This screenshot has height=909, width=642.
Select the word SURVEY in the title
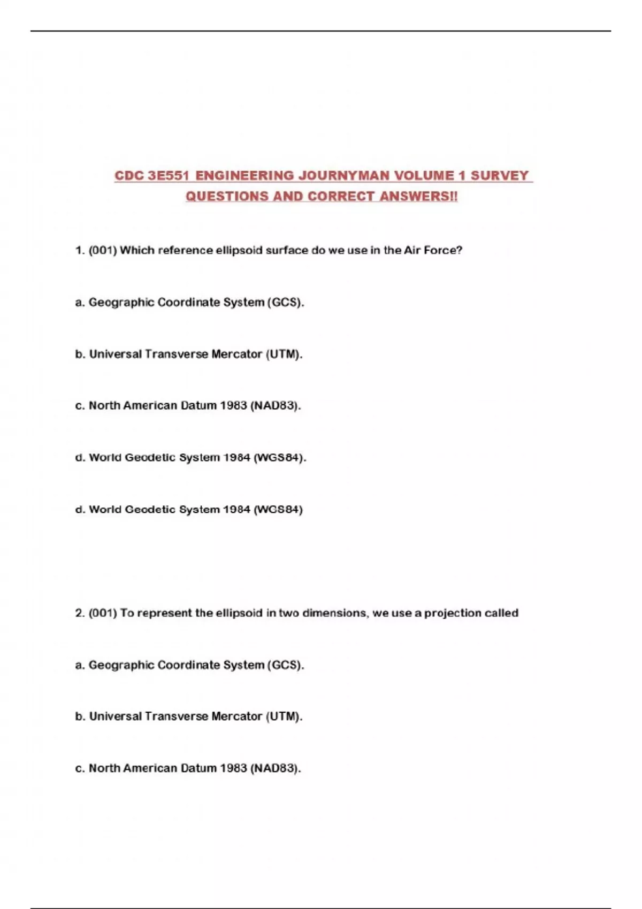click(499, 176)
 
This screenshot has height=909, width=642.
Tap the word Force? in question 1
click(443, 250)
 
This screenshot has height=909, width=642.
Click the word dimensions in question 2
click(335, 613)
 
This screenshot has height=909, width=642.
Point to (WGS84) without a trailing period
click(278, 510)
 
